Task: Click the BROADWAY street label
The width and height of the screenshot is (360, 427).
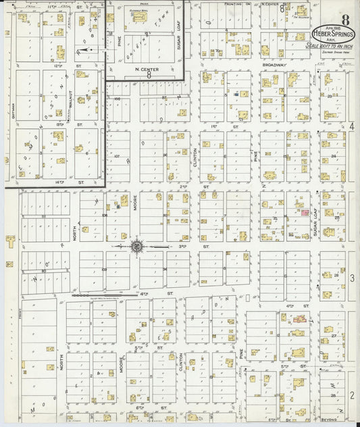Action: [275, 66]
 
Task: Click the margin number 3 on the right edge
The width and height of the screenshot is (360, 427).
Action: [352, 278]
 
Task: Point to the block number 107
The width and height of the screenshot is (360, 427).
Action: [116, 157]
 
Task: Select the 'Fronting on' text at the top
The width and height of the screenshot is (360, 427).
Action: [238, 4]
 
